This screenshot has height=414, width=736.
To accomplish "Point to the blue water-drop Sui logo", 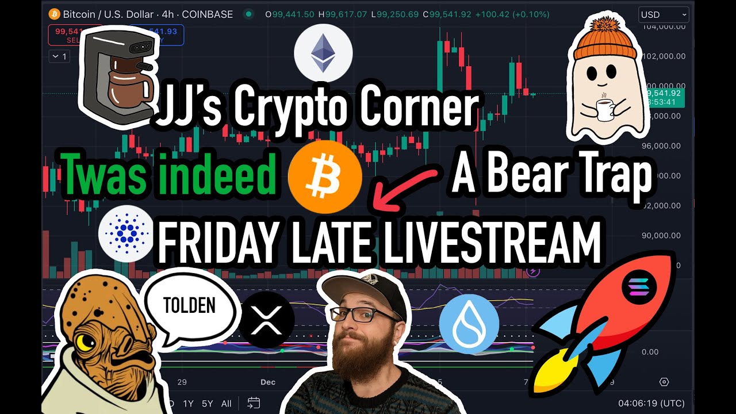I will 469,323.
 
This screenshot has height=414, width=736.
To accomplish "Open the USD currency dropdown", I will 663,14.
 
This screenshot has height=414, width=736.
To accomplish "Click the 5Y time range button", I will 207,403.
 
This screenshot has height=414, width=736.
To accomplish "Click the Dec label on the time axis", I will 268,382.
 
